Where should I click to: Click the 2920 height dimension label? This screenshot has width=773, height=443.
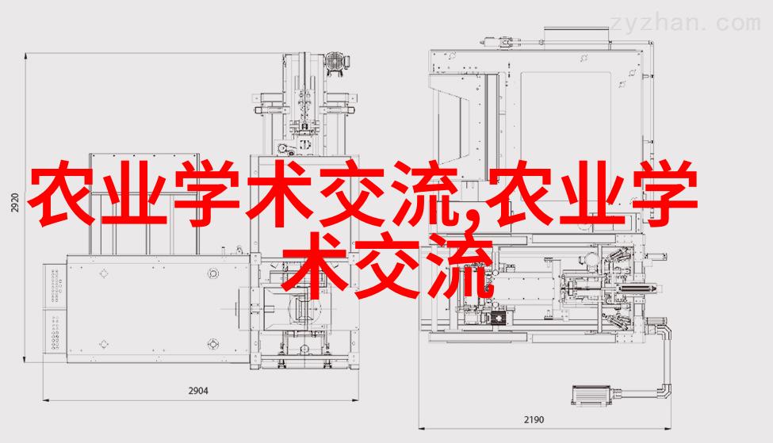15,203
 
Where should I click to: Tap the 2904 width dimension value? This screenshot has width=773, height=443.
198,391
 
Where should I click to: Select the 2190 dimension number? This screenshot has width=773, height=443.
534,420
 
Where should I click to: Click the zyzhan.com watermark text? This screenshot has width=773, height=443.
685,23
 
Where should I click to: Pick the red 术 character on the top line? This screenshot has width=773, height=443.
277,193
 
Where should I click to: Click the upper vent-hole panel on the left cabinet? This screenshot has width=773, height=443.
54,287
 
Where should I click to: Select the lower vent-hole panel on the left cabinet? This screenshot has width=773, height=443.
54,333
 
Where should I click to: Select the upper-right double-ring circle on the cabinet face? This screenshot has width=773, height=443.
213,273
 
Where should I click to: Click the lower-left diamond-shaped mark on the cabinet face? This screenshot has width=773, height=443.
104,344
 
